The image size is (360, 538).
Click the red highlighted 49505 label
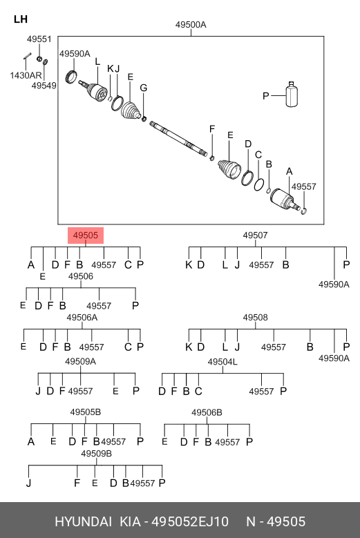(x=86, y=236)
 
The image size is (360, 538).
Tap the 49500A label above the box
(x=191, y=25)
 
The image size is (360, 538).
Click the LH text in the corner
(x=21, y=19)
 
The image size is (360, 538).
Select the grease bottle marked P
(x=292, y=95)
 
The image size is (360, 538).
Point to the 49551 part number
(x=39, y=39)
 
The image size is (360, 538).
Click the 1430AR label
(x=26, y=75)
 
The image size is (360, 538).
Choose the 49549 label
(x=44, y=86)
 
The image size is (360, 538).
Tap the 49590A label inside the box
(x=75, y=54)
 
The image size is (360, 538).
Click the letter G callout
(x=144, y=88)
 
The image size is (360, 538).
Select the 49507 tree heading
(x=255, y=236)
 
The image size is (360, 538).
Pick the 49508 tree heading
(x=255, y=318)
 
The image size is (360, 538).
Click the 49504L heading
(x=222, y=362)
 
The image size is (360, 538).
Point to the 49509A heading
(x=80, y=361)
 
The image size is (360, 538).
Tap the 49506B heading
(x=207, y=412)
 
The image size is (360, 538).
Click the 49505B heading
(x=86, y=412)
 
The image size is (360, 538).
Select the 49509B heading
(x=97, y=454)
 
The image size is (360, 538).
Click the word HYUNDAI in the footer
(x=84, y=522)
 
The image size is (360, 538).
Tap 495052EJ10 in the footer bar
(x=190, y=522)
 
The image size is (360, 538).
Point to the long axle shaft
(x=178, y=139)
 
